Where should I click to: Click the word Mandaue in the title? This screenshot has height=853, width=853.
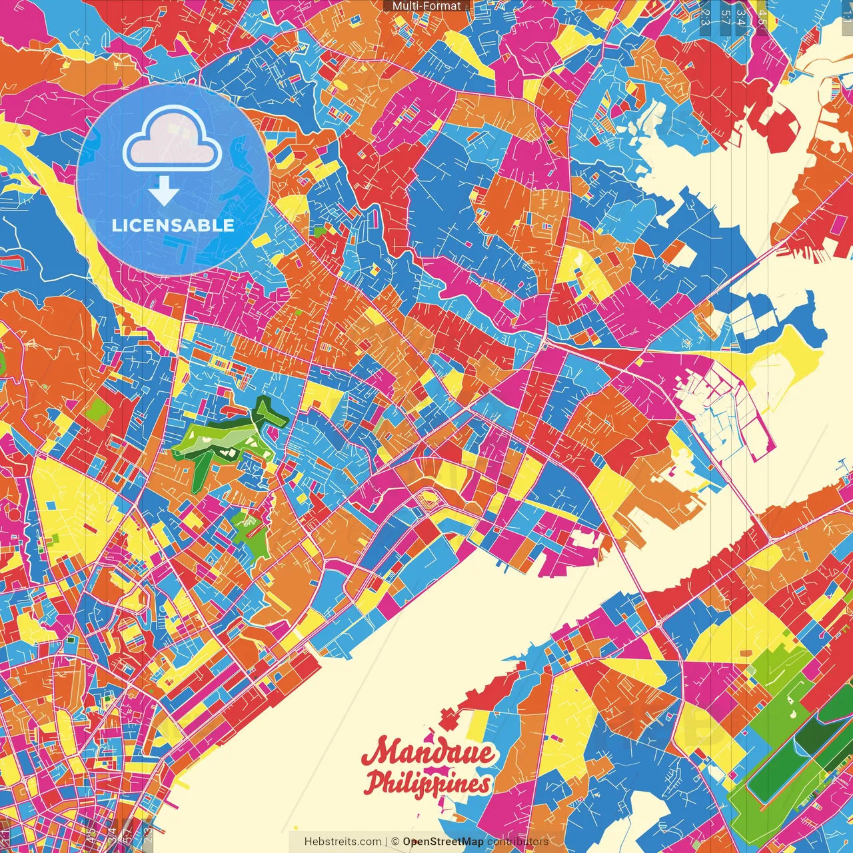tap(428, 754)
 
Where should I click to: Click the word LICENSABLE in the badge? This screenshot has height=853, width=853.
tap(173, 225)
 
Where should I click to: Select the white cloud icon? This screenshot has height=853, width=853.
tap(173, 140)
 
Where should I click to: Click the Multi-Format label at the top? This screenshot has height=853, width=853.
tap(426, 6)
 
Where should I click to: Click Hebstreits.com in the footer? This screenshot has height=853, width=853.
tap(343, 842)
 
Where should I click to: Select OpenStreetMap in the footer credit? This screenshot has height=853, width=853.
tap(442, 842)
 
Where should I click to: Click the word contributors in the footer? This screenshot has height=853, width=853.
tap(518, 842)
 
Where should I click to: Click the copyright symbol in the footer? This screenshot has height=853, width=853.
tap(395, 842)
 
